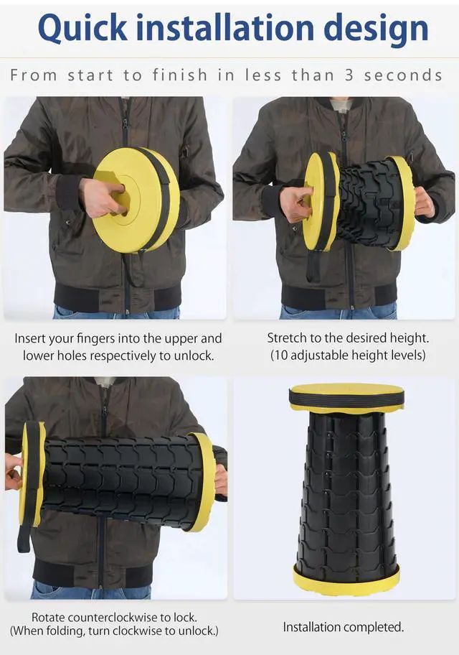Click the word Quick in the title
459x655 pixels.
click(x=82, y=29)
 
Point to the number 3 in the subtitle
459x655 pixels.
click(x=349, y=75)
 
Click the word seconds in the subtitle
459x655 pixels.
click(x=403, y=75)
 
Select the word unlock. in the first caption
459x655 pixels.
click(x=194, y=356)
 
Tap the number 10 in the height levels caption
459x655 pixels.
click(x=281, y=355)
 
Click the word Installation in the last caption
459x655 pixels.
click(x=311, y=627)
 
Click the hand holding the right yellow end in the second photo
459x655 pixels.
click(x=425, y=203)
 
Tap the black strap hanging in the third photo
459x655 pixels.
click(x=24, y=539)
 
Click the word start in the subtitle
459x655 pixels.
click(x=90, y=75)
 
